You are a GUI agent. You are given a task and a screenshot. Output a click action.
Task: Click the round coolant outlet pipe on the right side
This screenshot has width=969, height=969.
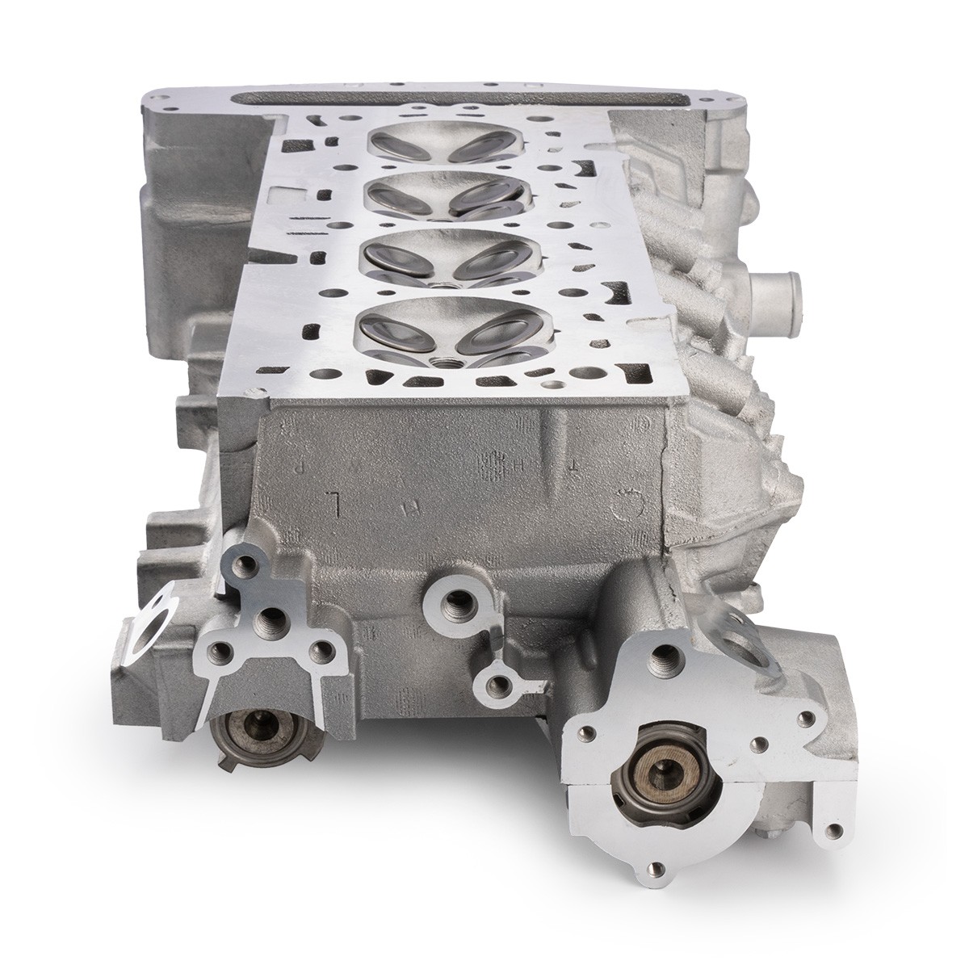click(x=778, y=287)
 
